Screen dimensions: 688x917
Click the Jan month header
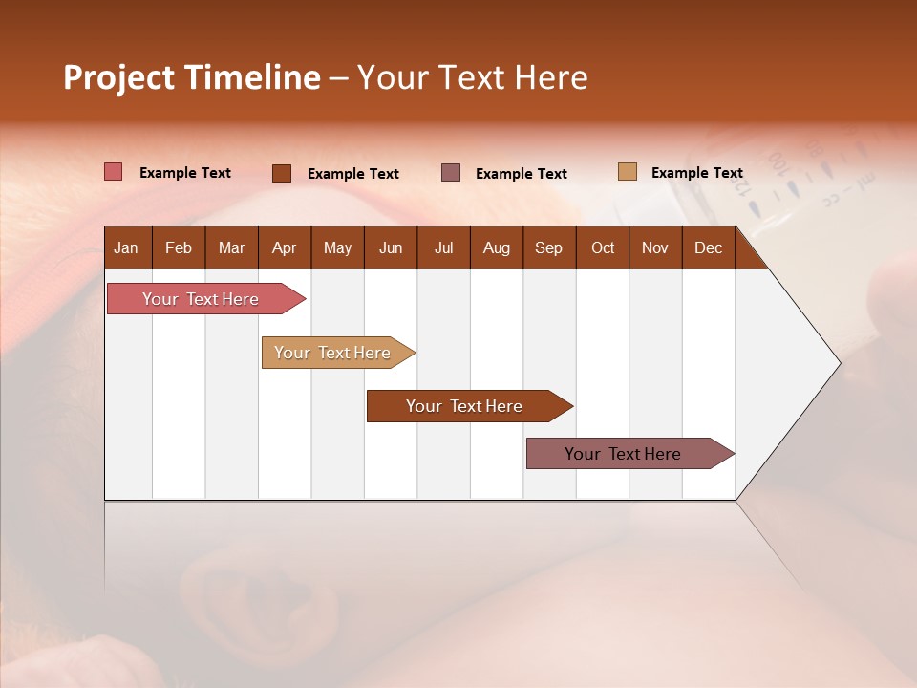point(126,247)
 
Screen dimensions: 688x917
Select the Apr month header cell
point(284,247)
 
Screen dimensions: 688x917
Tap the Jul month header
point(443,247)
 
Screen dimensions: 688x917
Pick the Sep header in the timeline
point(548,247)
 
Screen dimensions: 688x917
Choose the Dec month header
point(708,247)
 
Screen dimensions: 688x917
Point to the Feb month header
point(179,247)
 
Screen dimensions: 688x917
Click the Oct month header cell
point(603,247)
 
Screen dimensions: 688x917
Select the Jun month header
point(391,247)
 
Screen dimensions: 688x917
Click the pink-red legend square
point(114,172)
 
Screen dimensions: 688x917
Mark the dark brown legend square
point(282,173)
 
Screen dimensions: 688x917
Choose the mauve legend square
point(451,173)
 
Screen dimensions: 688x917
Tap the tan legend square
point(628,172)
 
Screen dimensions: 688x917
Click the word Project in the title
point(118,77)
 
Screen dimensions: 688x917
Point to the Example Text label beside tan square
point(696,173)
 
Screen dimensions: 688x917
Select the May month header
point(337,247)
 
